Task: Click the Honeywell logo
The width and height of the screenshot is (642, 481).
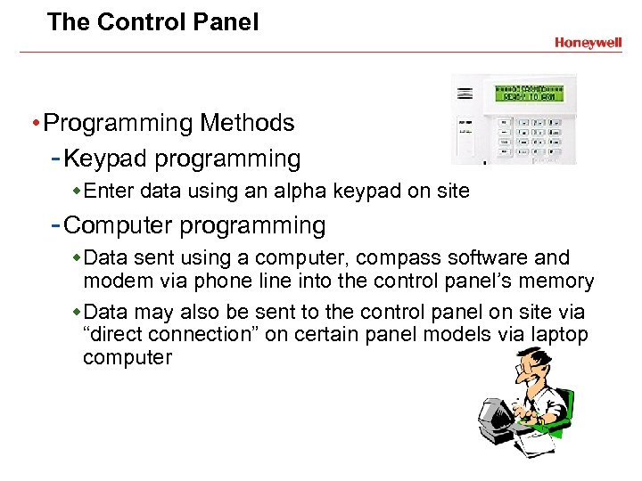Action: click(587, 42)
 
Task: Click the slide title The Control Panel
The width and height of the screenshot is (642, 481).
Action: click(152, 22)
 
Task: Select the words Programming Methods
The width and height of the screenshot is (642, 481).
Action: click(169, 122)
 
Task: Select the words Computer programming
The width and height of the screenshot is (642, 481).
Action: click(194, 225)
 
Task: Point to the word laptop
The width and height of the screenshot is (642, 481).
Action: click(557, 335)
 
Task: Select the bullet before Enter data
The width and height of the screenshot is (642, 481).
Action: click(77, 190)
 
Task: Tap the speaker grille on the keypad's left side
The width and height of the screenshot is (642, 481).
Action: click(464, 94)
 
